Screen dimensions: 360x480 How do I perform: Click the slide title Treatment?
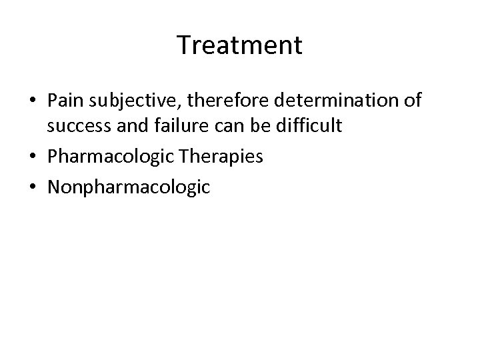240,45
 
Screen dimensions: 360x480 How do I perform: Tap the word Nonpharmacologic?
128,187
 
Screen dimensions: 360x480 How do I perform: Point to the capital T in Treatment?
185,45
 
